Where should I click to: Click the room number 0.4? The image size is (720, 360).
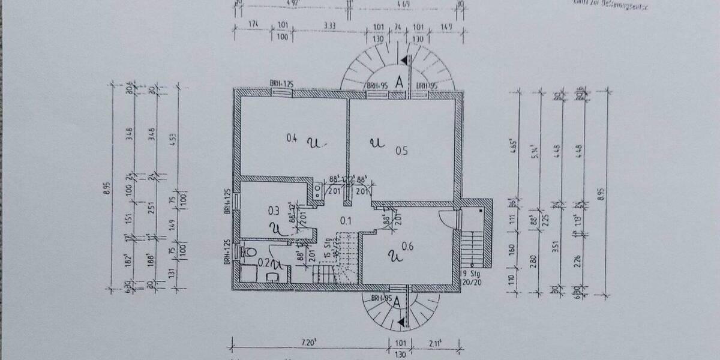pyautogui.click(x=292, y=139)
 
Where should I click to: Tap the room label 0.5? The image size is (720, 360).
pyautogui.click(x=401, y=151)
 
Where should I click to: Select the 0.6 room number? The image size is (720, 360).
pyautogui.click(x=407, y=244)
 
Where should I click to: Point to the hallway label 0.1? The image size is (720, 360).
pyautogui.click(x=346, y=220)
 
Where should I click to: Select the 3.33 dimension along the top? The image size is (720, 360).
pyautogui.click(x=328, y=26)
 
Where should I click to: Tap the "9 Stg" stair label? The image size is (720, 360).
pyautogui.click(x=468, y=274)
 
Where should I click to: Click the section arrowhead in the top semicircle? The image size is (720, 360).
pyautogui.click(x=407, y=59)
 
